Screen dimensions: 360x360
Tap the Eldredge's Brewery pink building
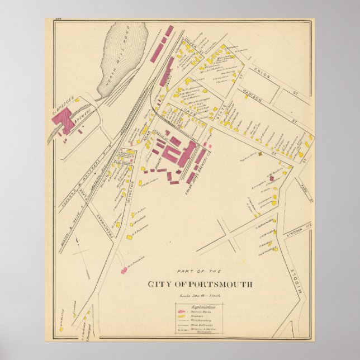click(x=65, y=120)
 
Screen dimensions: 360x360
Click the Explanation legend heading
click(x=200, y=307)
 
